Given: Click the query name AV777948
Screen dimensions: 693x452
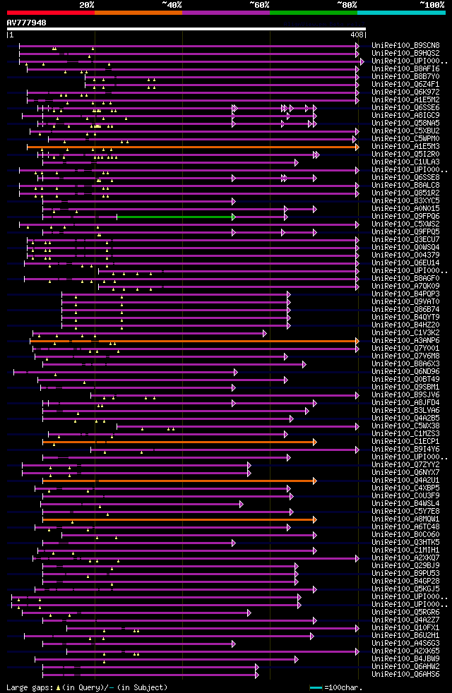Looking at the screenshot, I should coord(27,23).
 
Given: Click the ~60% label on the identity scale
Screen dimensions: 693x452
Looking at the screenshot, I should coord(259,4).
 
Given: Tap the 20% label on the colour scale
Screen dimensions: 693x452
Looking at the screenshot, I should coord(87,4).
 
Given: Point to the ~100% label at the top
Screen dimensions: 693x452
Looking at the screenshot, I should coord(432,4).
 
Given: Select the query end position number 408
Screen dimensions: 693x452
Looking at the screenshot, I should coord(356,35).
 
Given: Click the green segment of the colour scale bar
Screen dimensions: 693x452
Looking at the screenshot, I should coord(313,12).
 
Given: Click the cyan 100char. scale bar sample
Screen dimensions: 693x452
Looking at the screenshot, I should coord(315,687).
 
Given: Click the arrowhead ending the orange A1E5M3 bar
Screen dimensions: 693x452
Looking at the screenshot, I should coord(357,147).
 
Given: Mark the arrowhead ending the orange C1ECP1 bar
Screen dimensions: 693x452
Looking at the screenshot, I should coord(315,442).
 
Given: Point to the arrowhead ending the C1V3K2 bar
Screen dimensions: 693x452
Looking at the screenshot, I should coord(265,333).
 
